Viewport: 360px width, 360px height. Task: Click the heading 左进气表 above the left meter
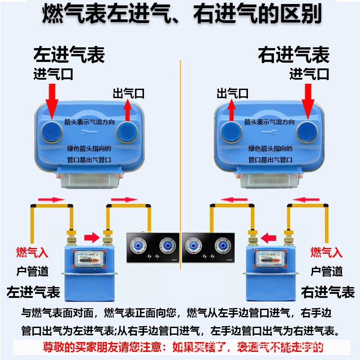click(69, 55)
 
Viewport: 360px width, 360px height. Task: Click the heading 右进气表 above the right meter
click(293, 55)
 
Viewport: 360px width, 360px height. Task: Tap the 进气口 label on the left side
click(53, 74)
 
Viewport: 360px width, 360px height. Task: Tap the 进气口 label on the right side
click(309, 74)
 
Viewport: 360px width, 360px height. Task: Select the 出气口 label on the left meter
click(128, 94)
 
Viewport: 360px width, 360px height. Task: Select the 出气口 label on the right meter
click(232, 94)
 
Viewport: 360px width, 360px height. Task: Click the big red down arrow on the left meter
click(52, 100)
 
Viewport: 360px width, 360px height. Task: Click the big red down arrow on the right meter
click(309, 100)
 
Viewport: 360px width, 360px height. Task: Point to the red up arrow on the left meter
click(128, 111)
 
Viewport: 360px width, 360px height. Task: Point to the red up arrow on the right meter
click(232, 111)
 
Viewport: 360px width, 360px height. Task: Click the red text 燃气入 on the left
click(32, 252)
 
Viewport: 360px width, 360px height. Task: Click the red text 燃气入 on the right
click(326, 252)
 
